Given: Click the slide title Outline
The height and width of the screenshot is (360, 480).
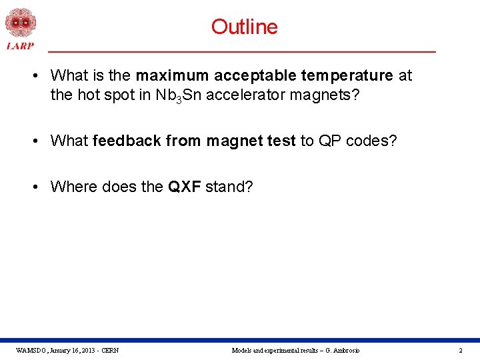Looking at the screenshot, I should [244, 27].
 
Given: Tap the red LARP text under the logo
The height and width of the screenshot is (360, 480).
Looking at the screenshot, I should [21, 45].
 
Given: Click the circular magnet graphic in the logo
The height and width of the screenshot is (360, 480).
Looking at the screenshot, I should [21, 22].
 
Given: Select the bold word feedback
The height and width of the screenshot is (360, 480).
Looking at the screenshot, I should [127, 141].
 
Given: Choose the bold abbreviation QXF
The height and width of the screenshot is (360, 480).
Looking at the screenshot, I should [184, 186].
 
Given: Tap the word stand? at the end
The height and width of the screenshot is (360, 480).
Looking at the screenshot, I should [229, 186].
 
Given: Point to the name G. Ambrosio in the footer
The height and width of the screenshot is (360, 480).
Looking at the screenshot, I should [342, 350].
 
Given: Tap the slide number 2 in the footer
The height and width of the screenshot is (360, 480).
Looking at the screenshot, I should [460, 350].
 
